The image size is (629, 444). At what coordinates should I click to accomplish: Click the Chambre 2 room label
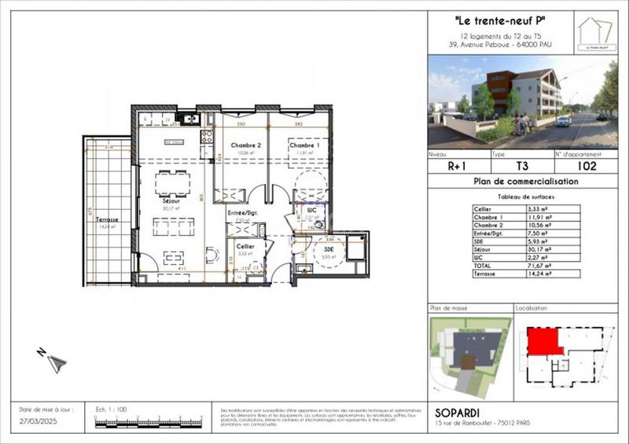coord(246,146)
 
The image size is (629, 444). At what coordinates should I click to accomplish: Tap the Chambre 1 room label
coord(303,146)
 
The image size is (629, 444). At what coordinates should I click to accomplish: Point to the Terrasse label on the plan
coord(108,221)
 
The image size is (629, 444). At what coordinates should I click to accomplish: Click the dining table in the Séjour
coord(172,183)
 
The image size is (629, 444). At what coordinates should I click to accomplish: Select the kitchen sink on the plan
coord(189,119)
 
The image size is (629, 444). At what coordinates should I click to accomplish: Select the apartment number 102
coord(587,166)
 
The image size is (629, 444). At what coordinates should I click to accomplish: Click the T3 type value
coord(521,166)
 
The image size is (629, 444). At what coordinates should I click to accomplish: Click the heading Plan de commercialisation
coord(526,182)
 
